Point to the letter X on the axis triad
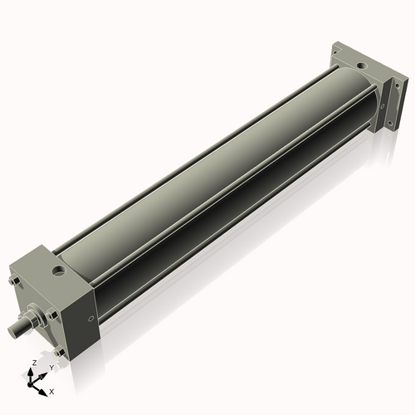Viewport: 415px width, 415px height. click(x=51, y=390)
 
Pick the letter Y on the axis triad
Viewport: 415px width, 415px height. click(x=51, y=368)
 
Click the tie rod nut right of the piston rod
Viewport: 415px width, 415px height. click(x=54, y=315)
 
